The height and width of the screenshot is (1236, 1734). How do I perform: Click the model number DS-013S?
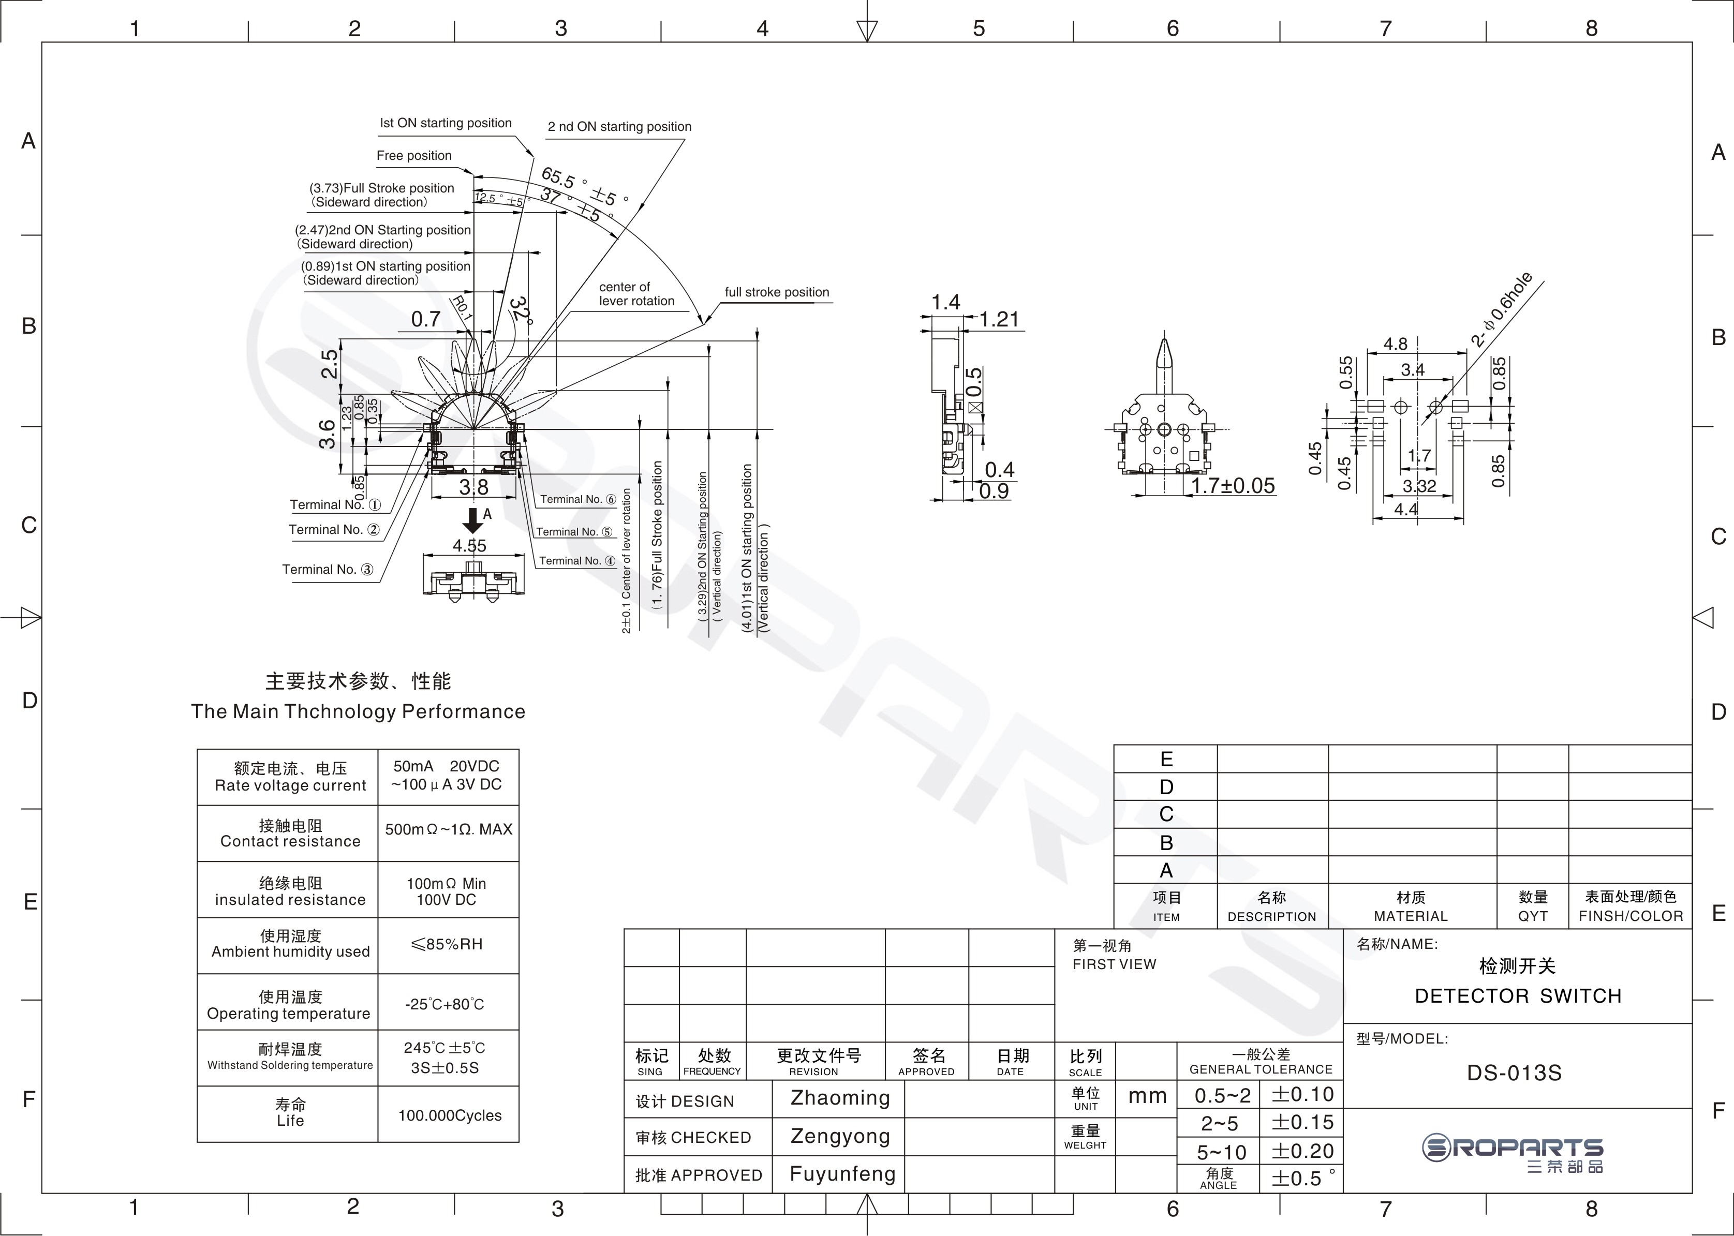[1514, 1073]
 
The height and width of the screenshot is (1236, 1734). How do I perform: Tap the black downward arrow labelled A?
[473, 520]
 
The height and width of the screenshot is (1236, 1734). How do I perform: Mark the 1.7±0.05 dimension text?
[1233, 486]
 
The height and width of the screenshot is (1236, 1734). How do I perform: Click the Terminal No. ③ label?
[328, 569]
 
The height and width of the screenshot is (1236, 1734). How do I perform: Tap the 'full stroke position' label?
[776, 292]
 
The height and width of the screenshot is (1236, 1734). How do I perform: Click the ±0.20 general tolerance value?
[1302, 1151]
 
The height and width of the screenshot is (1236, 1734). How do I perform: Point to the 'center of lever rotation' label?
[636, 294]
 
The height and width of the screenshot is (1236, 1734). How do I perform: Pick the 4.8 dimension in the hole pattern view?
[1395, 344]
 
